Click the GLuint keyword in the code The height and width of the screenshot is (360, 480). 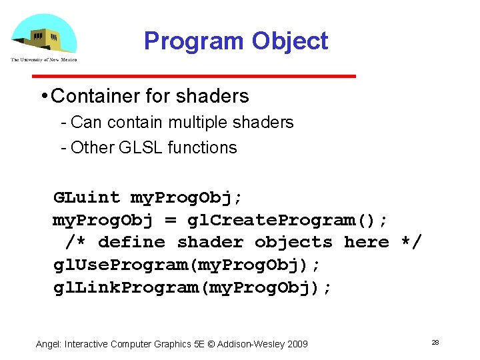pos(87,197)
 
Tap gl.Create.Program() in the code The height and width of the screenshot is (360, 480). pos(287,220)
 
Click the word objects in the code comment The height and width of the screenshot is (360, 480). pos(293,242)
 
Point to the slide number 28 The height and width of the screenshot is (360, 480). pos(435,342)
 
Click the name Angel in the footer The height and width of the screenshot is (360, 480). pos(47,344)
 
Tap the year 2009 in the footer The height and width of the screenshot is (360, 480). pos(297,344)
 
